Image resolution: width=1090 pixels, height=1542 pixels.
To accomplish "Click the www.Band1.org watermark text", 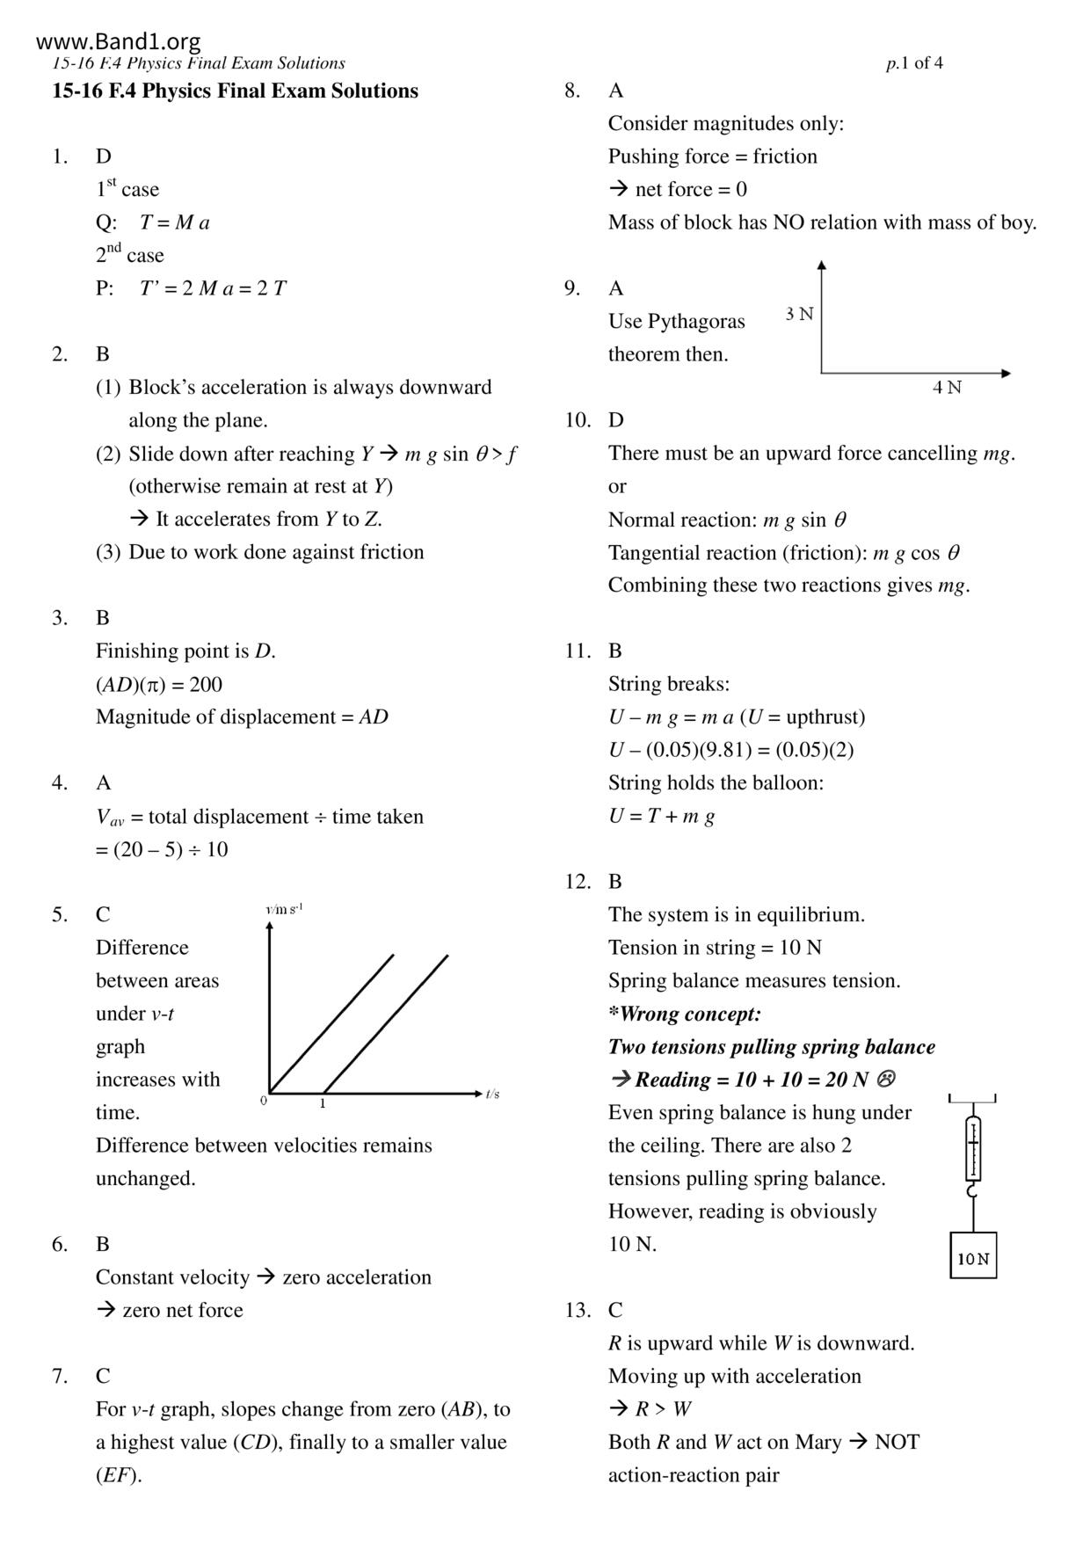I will coord(119,41).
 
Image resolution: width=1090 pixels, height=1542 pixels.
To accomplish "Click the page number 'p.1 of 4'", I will coord(914,63).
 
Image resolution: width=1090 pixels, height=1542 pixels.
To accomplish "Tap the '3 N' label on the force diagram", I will coord(799,314).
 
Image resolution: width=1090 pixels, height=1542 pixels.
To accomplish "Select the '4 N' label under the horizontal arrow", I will coord(947,388).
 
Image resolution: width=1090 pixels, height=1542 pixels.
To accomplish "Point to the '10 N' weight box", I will coord(973,1258).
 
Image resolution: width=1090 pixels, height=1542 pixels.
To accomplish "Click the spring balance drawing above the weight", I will coord(973,1149).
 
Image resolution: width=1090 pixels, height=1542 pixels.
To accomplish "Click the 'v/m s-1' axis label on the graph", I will coord(284,909).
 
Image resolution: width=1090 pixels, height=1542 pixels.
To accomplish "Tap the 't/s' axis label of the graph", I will coord(492,1094).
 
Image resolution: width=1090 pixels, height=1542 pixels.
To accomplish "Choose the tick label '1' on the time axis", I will coord(323,1103).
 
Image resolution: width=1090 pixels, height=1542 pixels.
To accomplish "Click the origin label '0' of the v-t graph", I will coord(263,1101).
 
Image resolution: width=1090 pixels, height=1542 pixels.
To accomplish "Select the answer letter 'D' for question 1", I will coord(104,156).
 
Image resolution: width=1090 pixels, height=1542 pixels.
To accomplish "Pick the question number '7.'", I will coord(60,1376).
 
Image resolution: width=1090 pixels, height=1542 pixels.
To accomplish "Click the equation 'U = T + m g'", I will coord(661,816).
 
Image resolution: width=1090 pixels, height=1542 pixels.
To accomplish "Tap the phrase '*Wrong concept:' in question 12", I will coord(685,1014).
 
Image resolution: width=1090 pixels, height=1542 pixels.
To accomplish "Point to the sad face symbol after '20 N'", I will coord(886,1079).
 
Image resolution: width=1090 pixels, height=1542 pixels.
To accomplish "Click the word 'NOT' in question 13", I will coord(897,1442).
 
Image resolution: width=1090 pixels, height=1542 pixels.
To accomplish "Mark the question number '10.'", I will coord(578,420).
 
